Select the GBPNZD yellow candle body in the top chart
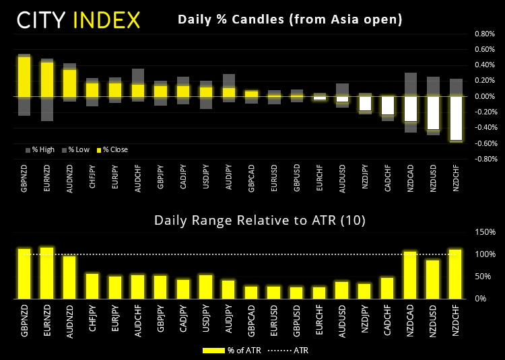(x=24, y=76)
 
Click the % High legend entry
(x=40, y=149)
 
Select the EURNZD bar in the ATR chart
(x=47, y=273)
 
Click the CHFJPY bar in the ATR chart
(x=92, y=285)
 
